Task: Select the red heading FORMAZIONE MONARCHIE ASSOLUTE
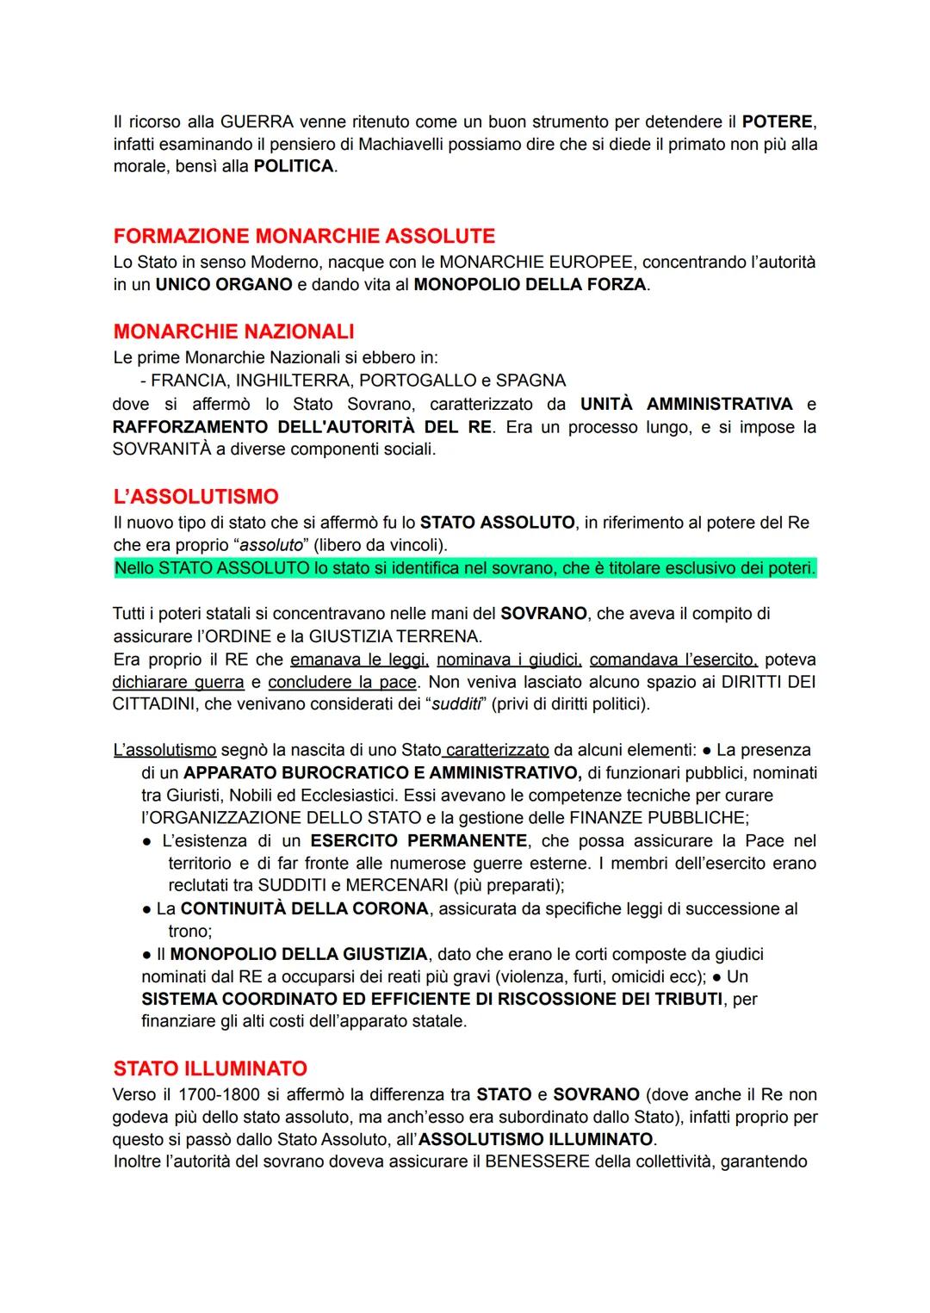point(304,236)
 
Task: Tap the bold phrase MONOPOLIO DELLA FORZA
point(530,284)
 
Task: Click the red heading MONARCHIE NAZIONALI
point(233,331)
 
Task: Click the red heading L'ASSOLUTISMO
point(196,497)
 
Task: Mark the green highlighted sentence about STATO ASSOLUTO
point(465,568)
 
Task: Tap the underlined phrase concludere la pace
point(342,683)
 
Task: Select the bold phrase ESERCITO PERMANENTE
point(418,841)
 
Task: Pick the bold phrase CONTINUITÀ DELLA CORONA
point(304,909)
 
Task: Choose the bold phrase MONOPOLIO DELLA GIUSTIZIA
point(298,954)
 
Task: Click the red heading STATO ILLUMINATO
point(210,1068)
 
